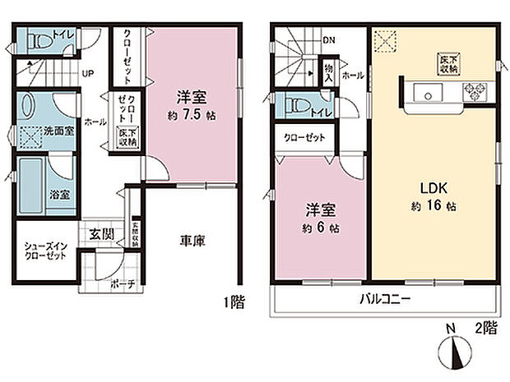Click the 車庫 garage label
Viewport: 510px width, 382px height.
[192, 241]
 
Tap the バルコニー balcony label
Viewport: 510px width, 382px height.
[383, 299]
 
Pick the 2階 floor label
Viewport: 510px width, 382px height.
[485, 326]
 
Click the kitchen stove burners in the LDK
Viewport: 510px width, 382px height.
[475, 90]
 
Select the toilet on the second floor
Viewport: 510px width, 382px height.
[292, 105]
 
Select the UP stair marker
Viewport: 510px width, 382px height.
[87, 72]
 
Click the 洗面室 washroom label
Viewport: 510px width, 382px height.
[60, 130]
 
